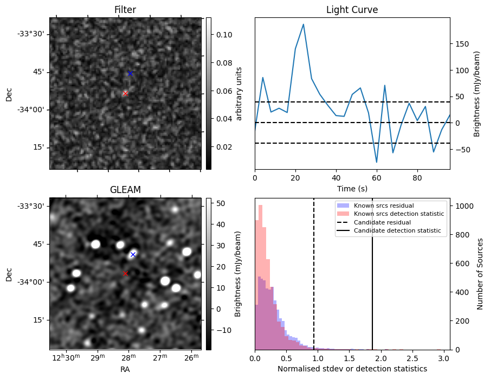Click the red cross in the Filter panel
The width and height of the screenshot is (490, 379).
pyautogui.click(x=125, y=93)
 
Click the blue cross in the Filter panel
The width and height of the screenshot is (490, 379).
pyautogui.click(x=130, y=73)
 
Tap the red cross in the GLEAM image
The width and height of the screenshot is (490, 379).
pyautogui.click(x=125, y=273)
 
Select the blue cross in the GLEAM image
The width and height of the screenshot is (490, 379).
pyautogui.click(x=133, y=254)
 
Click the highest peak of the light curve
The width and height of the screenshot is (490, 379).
pyautogui.click(x=303, y=24)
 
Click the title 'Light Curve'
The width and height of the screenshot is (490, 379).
pyautogui.click(x=352, y=10)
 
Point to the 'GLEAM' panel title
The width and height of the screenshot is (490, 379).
pyautogui.click(x=125, y=190)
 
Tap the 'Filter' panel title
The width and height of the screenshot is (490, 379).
pyautogui.click(x=125, y=10)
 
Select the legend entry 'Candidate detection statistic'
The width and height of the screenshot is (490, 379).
pyautogui.click(x=398, y=231)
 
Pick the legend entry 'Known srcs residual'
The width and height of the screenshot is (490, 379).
pyautogui.click(x=383, y=205)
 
